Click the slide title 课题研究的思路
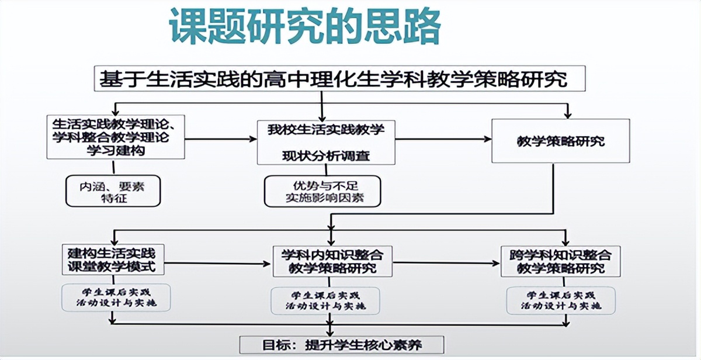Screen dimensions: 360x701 click(x=304, y=26)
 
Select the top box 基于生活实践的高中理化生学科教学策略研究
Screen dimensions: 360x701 click(x=339, y=79)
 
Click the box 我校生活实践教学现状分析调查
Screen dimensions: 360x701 click(x=326, y=142)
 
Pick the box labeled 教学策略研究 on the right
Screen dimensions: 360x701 click(x=560, y=141)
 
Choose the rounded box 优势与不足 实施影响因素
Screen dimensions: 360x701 click(x=322, y=191)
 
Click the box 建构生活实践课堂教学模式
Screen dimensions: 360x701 click(x=112, y=261)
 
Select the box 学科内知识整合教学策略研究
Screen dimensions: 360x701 click(x=332, y=261)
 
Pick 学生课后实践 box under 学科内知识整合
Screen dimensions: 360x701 click(x=325, y=300)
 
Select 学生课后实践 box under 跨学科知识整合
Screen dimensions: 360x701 click(x=560, y=300)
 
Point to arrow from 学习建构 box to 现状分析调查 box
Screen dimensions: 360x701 click(x=221, y=139)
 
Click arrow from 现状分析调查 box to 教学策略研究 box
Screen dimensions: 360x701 click(x=443, y=139)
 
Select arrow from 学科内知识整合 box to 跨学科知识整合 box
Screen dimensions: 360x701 click(x=446, y=264)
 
